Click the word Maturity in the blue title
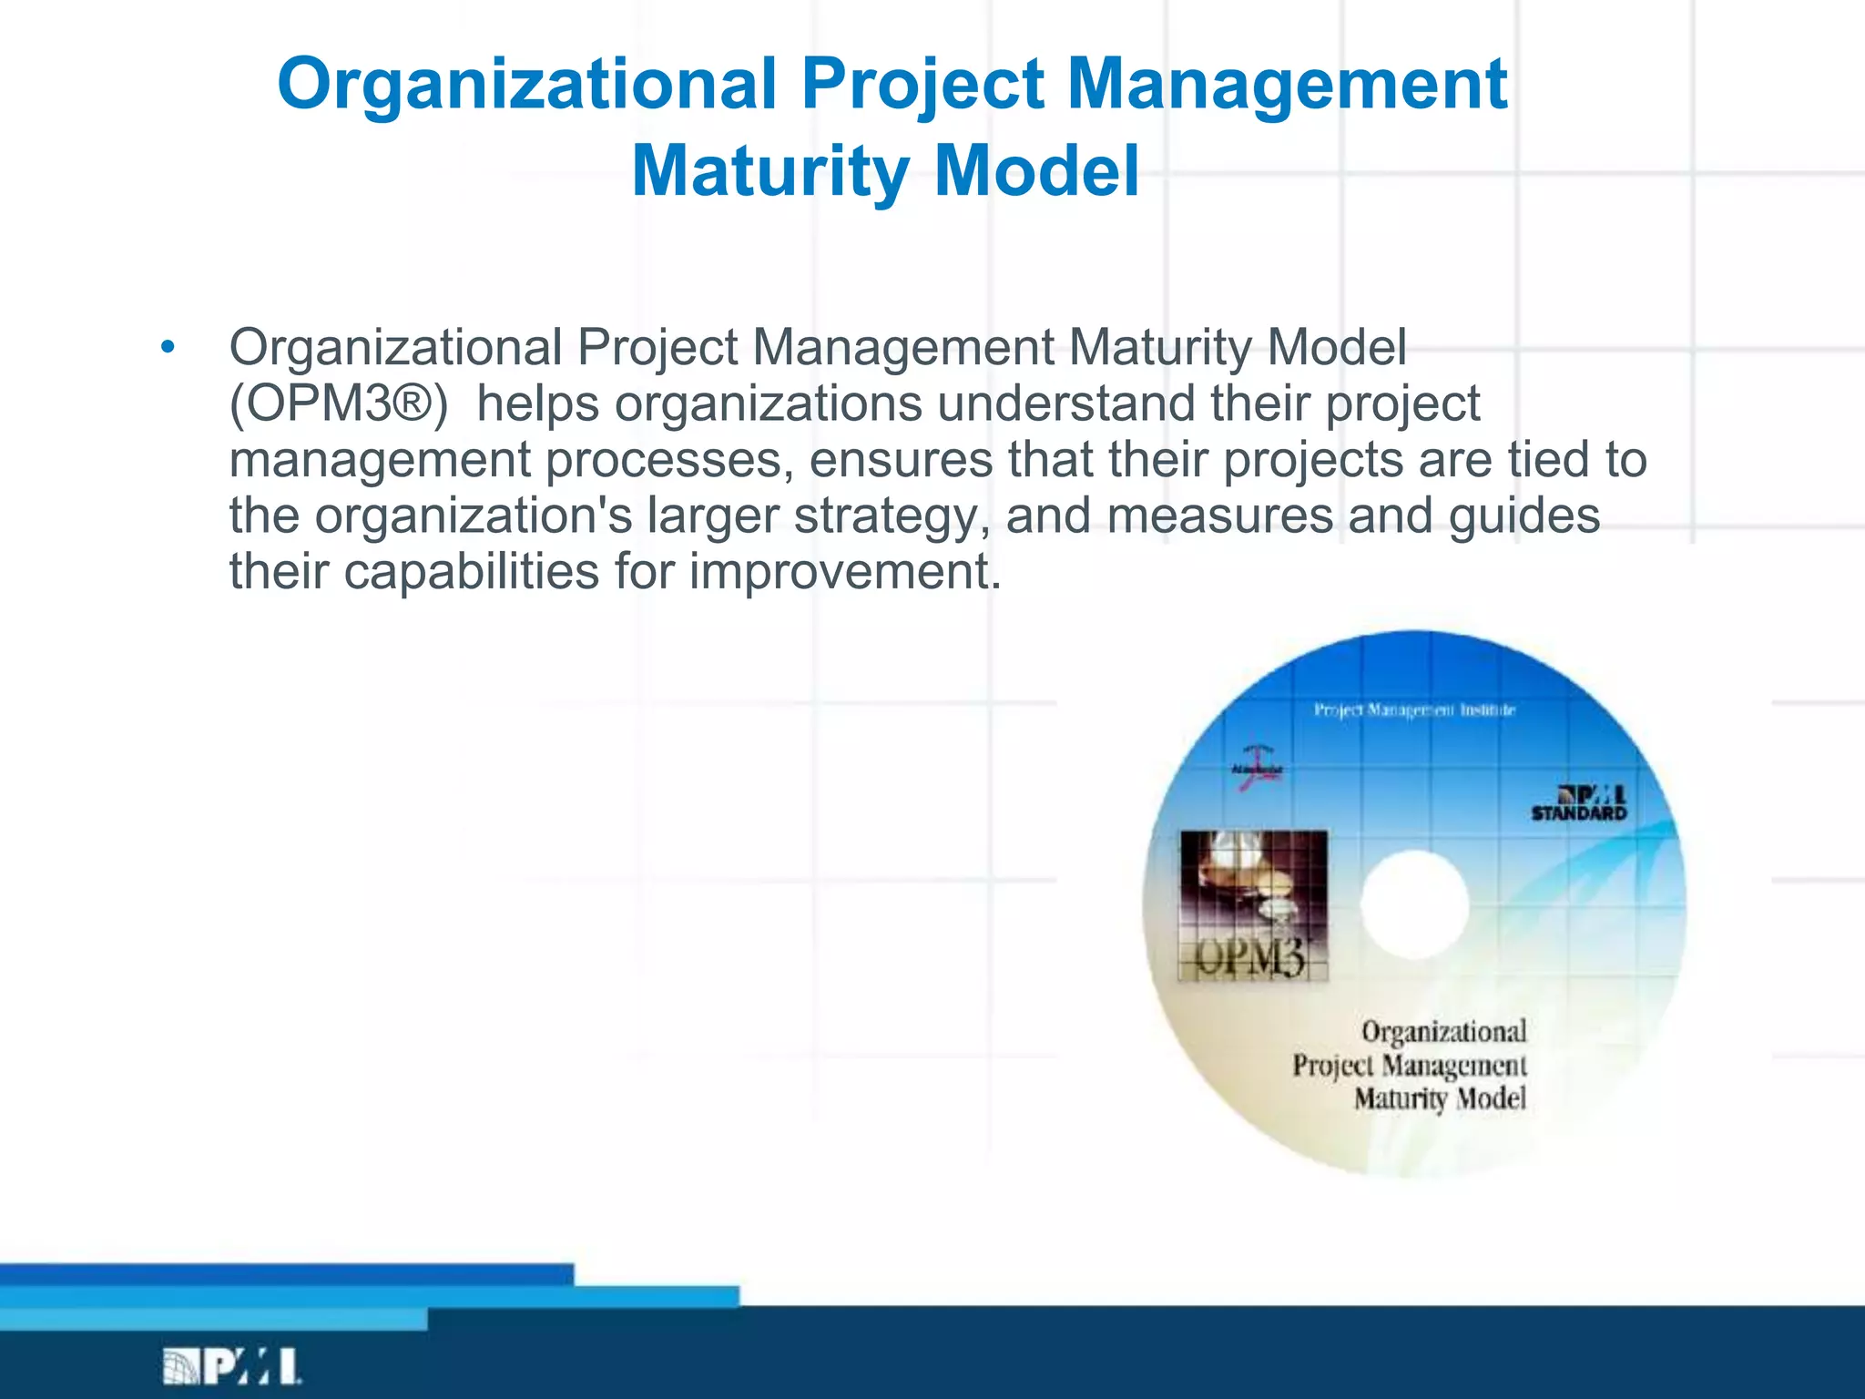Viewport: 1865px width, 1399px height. (770, 171)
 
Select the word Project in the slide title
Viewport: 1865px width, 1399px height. (922, 84)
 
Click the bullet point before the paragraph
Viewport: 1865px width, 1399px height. (167, 347)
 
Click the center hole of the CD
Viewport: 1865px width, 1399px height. (1414, 904)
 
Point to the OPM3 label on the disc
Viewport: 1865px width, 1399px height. (1250, 957)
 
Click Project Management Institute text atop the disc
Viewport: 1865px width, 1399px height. (1414, 710)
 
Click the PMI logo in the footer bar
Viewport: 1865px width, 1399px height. (232, 1366)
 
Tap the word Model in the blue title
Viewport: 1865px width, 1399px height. (1036, 171)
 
